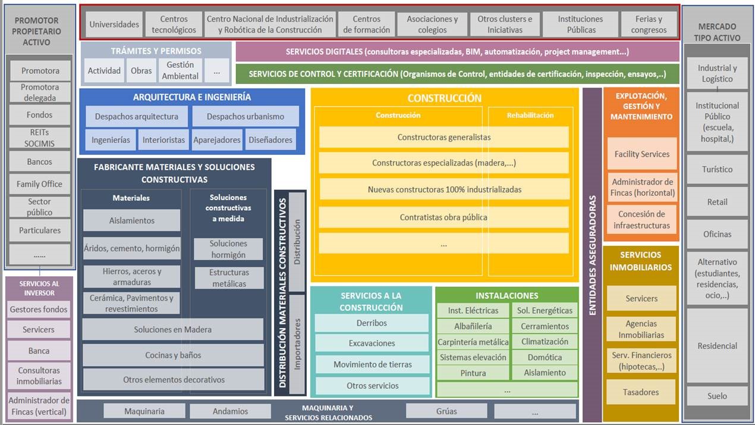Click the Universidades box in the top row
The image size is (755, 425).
point(114,24)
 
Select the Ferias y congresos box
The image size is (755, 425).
point(649,24)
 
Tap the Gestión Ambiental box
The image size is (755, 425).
point(180,70)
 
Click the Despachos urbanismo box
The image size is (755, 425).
point(246,117)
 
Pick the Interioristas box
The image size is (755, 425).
point(163,140)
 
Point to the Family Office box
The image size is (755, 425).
point(39,184)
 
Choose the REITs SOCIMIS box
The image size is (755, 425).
point(39,137)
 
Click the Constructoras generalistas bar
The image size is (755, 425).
point(444,137)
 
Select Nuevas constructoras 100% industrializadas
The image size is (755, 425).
point(444,189)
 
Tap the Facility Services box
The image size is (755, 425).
point(642,154)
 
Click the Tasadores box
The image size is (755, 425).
point(640,392)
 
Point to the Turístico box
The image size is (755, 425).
point(717,169)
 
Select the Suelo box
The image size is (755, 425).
point(717,396)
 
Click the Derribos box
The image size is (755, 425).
point(372,323)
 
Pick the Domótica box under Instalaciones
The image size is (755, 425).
point(545,357)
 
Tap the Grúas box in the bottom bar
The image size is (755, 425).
point(446,411)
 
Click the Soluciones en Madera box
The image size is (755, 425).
point(172,329)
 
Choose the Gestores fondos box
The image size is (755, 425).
point(39,309)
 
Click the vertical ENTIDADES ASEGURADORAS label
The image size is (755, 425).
point(592,255)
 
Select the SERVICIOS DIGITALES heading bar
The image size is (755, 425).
point(457,52)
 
